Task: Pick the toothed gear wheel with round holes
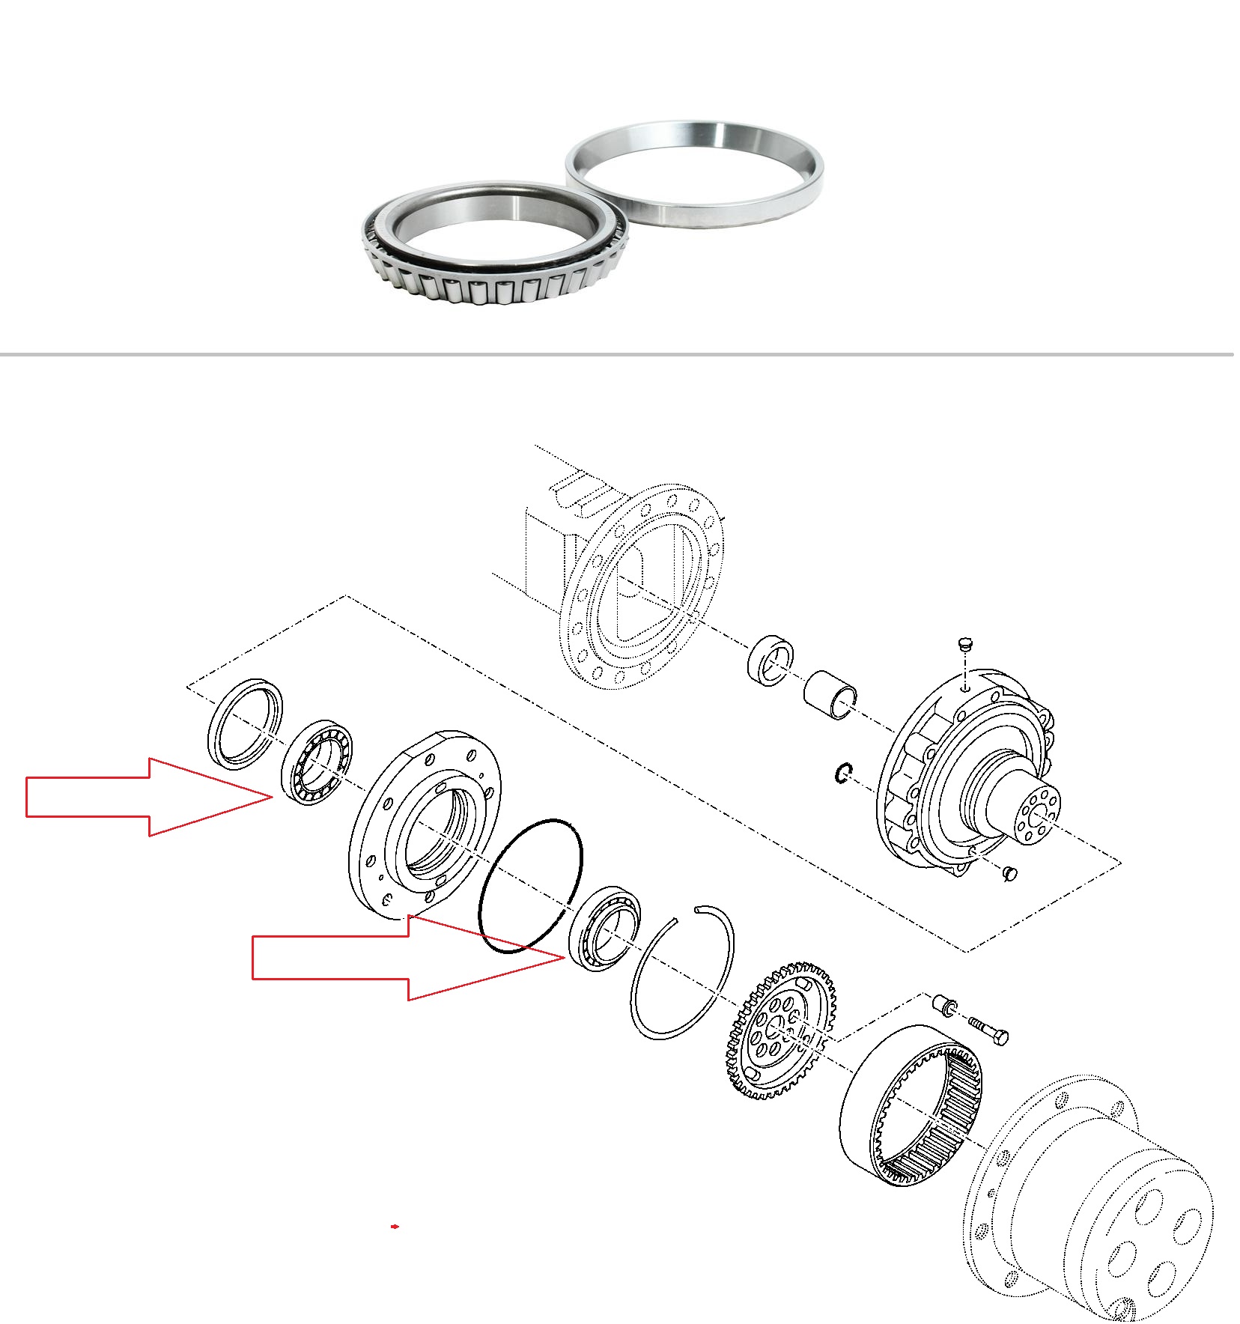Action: [x=779, y=1030]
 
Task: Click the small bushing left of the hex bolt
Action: [x=944, y=1004]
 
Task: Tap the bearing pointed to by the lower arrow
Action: [x=604, y=928]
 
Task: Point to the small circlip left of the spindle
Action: [x=843, y=773]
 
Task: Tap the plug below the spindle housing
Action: [x=1009, y=872]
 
